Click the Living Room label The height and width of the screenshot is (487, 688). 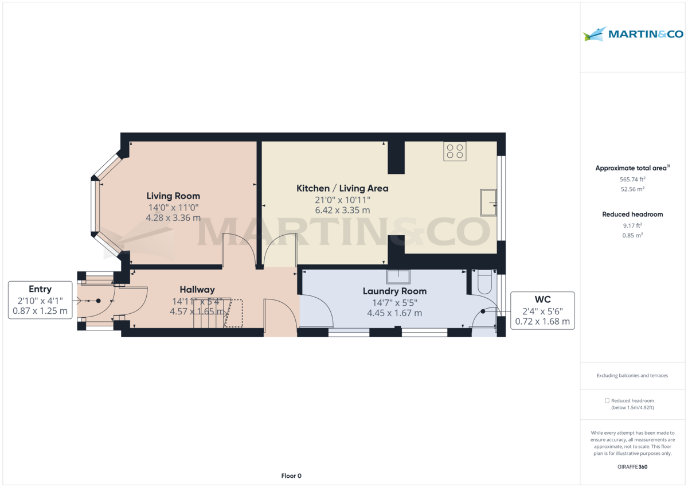(173, 196)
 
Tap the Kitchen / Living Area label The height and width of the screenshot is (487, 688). (342, 188)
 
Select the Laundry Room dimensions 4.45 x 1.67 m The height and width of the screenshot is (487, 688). (394, 313)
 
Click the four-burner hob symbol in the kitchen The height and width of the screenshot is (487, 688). (455, 151)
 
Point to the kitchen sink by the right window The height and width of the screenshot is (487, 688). (488, 202)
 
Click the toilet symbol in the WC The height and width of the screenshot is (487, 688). (484, 282)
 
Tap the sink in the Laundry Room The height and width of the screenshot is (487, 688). (398, 277)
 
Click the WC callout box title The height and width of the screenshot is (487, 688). (542, 299)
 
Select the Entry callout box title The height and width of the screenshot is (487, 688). (40, 289)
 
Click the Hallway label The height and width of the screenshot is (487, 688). (197, 290)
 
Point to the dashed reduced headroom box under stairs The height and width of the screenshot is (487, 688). (234, 313)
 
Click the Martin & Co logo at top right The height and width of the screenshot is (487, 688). (634, 34)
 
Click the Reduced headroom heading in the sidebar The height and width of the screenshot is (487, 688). (632, 214)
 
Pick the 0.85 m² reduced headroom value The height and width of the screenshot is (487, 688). (632, 235)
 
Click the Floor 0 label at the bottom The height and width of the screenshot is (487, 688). (291, 476)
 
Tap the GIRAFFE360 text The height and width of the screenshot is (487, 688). (632, 467)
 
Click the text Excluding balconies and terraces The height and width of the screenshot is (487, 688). (632, 376)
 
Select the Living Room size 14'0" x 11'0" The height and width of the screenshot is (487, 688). (173, 208)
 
